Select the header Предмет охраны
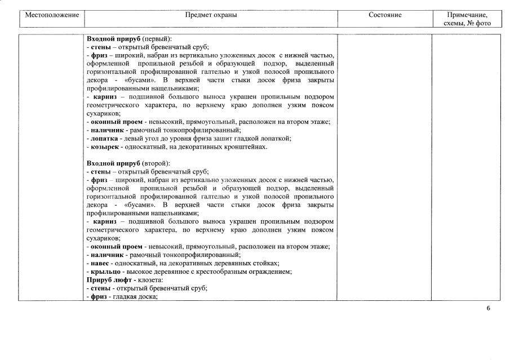click(x=211, y=15)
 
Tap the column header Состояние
click(x=384, y=15)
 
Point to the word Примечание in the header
click(x=467, y=15)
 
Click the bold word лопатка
click(x=105, y=139)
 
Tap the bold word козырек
click(x=105, y=147)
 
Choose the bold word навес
click(x=101, y=263)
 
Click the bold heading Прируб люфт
click(x=109, y=280)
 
